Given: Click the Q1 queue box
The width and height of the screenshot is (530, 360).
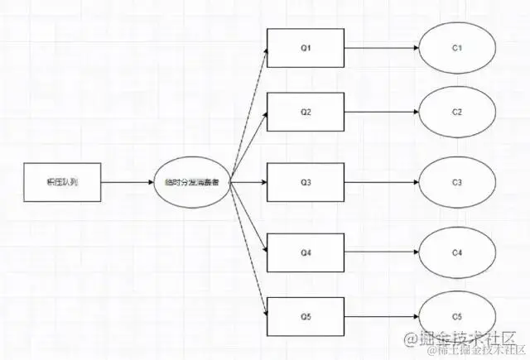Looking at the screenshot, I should point(305,48).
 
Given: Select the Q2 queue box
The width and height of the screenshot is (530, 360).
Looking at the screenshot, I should point(305,112).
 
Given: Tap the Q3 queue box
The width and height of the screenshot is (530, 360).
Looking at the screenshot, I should point(305,182).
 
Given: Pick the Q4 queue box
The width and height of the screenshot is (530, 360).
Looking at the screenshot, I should point(305,252).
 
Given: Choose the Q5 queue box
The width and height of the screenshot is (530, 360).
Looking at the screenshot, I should point(305,316).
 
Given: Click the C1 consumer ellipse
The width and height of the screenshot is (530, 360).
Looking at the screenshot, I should point(457,48).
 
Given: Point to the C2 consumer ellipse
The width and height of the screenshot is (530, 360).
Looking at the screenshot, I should point(457,112).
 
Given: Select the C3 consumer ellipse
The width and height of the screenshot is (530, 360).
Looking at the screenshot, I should point(457,182).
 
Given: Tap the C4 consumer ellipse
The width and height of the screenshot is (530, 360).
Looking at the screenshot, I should point(457,252).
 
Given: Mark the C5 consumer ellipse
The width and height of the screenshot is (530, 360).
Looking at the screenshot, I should point(457,316).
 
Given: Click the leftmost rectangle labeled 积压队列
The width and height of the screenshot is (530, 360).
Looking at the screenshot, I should point(62,182).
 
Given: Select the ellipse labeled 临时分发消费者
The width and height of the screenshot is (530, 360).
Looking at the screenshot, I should point(191,182).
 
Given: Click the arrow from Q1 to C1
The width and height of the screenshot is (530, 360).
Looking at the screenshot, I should point(381,48).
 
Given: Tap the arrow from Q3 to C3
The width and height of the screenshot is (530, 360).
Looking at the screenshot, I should point(381,182).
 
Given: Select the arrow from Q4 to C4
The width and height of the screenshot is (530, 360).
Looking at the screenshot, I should point(381,252).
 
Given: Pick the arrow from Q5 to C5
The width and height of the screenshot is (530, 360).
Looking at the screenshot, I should point(381,316).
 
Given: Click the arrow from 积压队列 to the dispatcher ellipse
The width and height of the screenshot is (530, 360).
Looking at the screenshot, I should point(127,182).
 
